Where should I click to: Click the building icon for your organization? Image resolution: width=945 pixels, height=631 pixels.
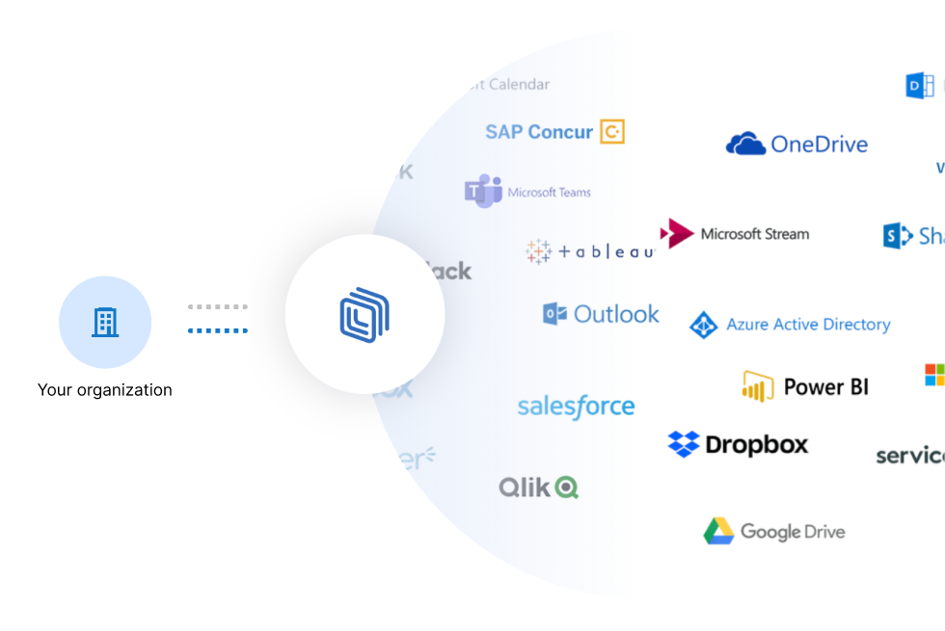tap(105, 323)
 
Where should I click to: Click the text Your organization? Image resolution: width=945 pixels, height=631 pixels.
tap(105, 390)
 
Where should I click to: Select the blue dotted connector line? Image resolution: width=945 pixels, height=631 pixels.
tap(218, 330)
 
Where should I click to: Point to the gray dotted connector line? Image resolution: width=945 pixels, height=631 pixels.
tap(218, 307)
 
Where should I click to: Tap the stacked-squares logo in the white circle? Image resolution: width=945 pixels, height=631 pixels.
tap(364, 314)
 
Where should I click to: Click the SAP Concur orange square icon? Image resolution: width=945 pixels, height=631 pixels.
tap(612, 132)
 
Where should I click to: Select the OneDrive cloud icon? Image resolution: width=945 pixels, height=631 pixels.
tap(745, 145)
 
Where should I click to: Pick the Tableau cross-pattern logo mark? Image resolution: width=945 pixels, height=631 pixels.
tap(538, 251)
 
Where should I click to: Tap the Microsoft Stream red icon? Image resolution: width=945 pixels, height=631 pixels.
tap(677, 233)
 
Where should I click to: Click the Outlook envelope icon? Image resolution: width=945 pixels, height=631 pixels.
tap(554, 314)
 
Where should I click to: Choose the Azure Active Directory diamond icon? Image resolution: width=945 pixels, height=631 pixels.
tap(704, 326)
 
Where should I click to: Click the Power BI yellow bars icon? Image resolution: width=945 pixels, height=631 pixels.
tap(758, 386)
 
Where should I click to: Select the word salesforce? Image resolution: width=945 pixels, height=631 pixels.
tap(576, 407)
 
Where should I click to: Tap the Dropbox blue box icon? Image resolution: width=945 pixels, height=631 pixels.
tap(684, 444)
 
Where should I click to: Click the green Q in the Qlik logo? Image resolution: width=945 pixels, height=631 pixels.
tap(566, 487)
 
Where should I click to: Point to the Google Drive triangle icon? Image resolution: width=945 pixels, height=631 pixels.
tap(718, 531)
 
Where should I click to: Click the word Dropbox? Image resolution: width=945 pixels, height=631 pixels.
tap(756, 444)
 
